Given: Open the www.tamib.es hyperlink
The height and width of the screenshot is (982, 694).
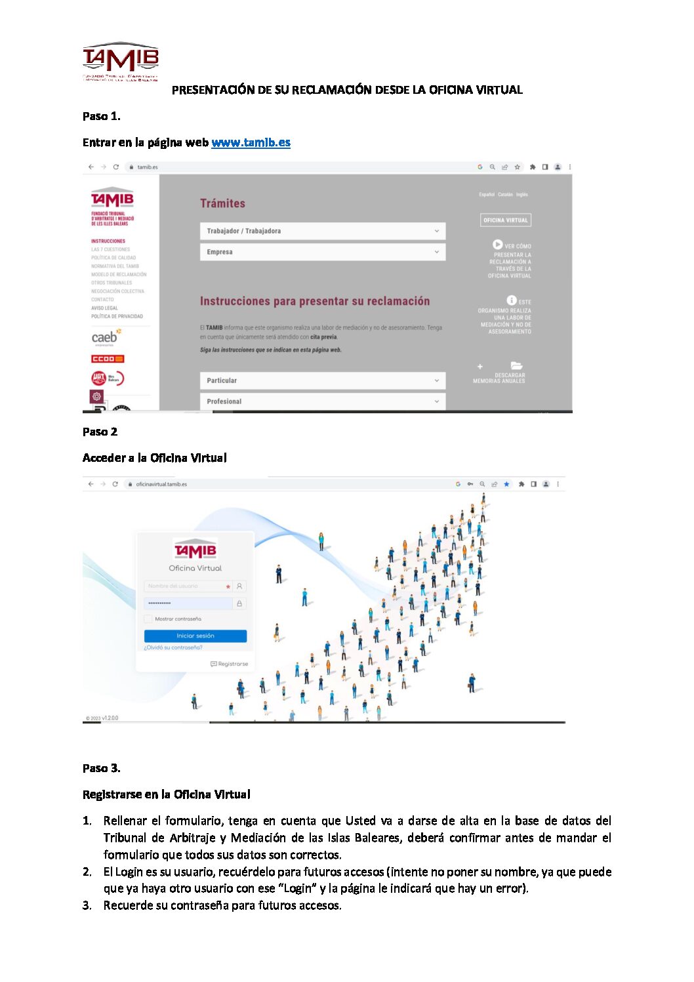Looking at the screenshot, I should [x=251, y=142].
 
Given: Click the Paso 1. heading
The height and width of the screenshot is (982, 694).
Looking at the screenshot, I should [x=102, y=116].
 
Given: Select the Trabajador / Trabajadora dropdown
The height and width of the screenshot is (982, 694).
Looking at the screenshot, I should [x=322, y=231].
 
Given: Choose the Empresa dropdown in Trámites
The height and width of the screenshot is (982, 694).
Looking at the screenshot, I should [x=322, y=252].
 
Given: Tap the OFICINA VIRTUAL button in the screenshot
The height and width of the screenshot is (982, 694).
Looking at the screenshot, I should [x=505, y=220].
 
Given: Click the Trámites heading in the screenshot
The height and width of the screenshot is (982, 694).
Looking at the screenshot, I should [x=222, y=203].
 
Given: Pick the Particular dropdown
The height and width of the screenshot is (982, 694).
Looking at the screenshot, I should [x=322, y=380].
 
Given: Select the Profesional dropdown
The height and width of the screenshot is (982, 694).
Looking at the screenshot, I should [x=322, y=401].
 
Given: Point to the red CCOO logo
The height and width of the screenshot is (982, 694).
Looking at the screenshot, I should [x=108, y=359].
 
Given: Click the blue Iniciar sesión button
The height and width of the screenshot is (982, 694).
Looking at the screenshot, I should [x=195, y=636].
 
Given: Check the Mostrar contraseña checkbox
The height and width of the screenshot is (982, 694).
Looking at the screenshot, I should [x=148, y=619].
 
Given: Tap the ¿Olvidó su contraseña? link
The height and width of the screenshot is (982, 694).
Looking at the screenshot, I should [x=173, y=647].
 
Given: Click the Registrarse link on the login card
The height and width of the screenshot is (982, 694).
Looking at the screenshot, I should [x=230, y=664].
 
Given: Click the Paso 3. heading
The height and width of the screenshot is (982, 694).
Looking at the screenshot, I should [x=102, y=768].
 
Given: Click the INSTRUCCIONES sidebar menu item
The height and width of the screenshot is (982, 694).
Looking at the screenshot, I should [x=108, y=241].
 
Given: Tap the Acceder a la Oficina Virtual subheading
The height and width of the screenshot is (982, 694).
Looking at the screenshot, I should [x=155, y=458].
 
